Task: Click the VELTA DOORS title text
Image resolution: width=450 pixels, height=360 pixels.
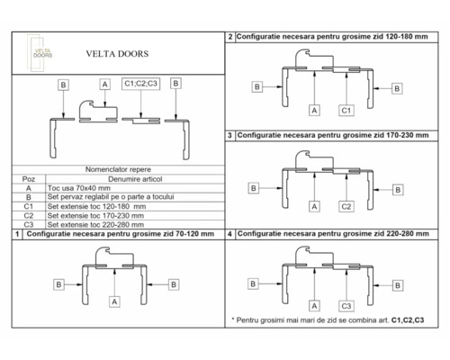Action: pyautogui.click(x=111, y=53)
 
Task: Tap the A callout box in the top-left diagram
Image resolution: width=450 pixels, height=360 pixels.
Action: pyautogui.click(x=104, y=84)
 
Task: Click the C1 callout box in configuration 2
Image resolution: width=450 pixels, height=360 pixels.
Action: pyautogui.click(x=345, y=110)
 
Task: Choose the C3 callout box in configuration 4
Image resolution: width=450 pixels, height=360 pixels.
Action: pyautogui.click(x=345, y=304)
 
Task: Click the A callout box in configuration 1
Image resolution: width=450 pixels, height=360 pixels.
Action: pyautogui.click(x=115, y=302)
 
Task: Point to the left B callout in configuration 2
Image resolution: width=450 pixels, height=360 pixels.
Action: pyautogui.click(x=257, y=86)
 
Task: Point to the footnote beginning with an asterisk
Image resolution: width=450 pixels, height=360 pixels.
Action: pyautogui.click(x=328, y=319)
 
